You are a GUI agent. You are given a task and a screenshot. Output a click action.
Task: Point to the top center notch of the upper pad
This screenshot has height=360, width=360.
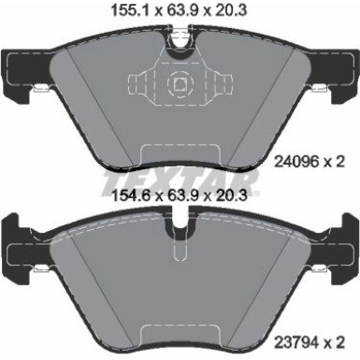179,37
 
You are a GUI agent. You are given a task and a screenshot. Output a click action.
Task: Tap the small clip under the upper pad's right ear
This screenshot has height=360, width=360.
318,91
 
